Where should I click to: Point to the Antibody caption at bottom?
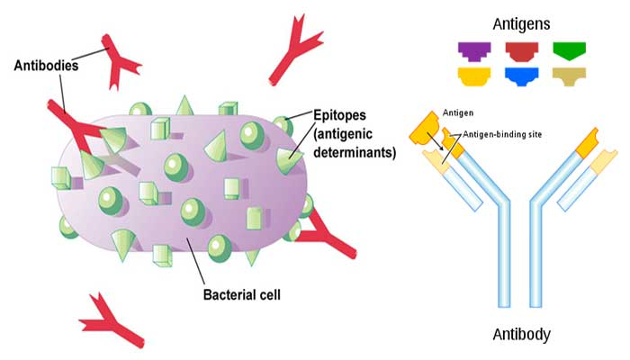521,336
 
